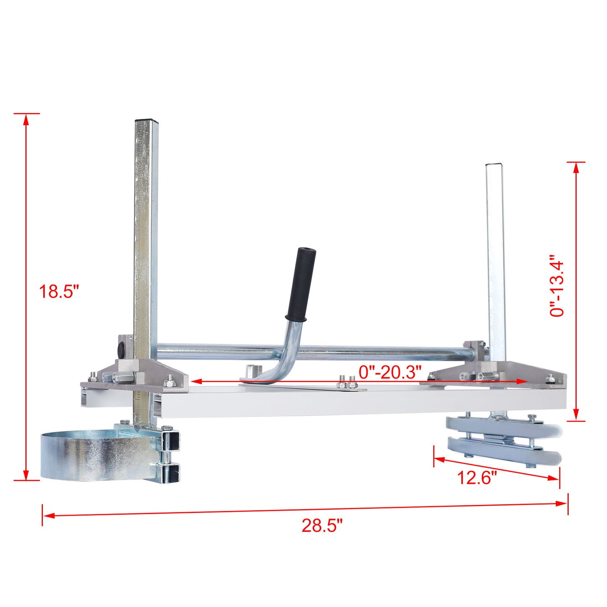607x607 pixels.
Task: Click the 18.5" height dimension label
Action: [x=59, y=291]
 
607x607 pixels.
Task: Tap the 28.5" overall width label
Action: [x=322, y=525]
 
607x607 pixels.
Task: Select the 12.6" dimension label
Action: [x=477, y=478]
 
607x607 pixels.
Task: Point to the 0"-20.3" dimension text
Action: [x=390, y=372]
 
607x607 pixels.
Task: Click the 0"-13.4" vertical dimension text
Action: [x=557, y=286]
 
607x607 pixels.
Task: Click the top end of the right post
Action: [x=494, y=165]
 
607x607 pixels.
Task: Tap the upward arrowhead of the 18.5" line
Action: [x=26, y=120]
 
